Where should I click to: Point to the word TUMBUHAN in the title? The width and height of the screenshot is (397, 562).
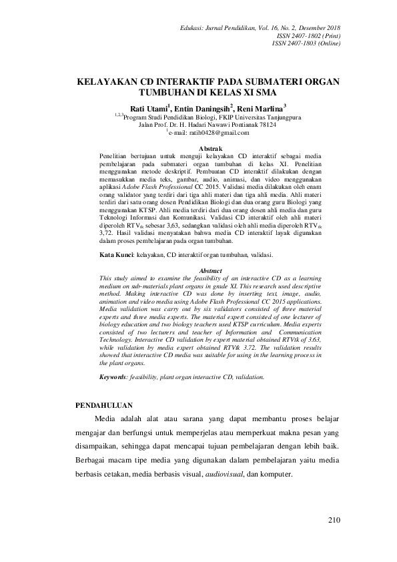pos(169,93)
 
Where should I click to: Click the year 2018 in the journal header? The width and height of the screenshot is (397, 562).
pos(330,27)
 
